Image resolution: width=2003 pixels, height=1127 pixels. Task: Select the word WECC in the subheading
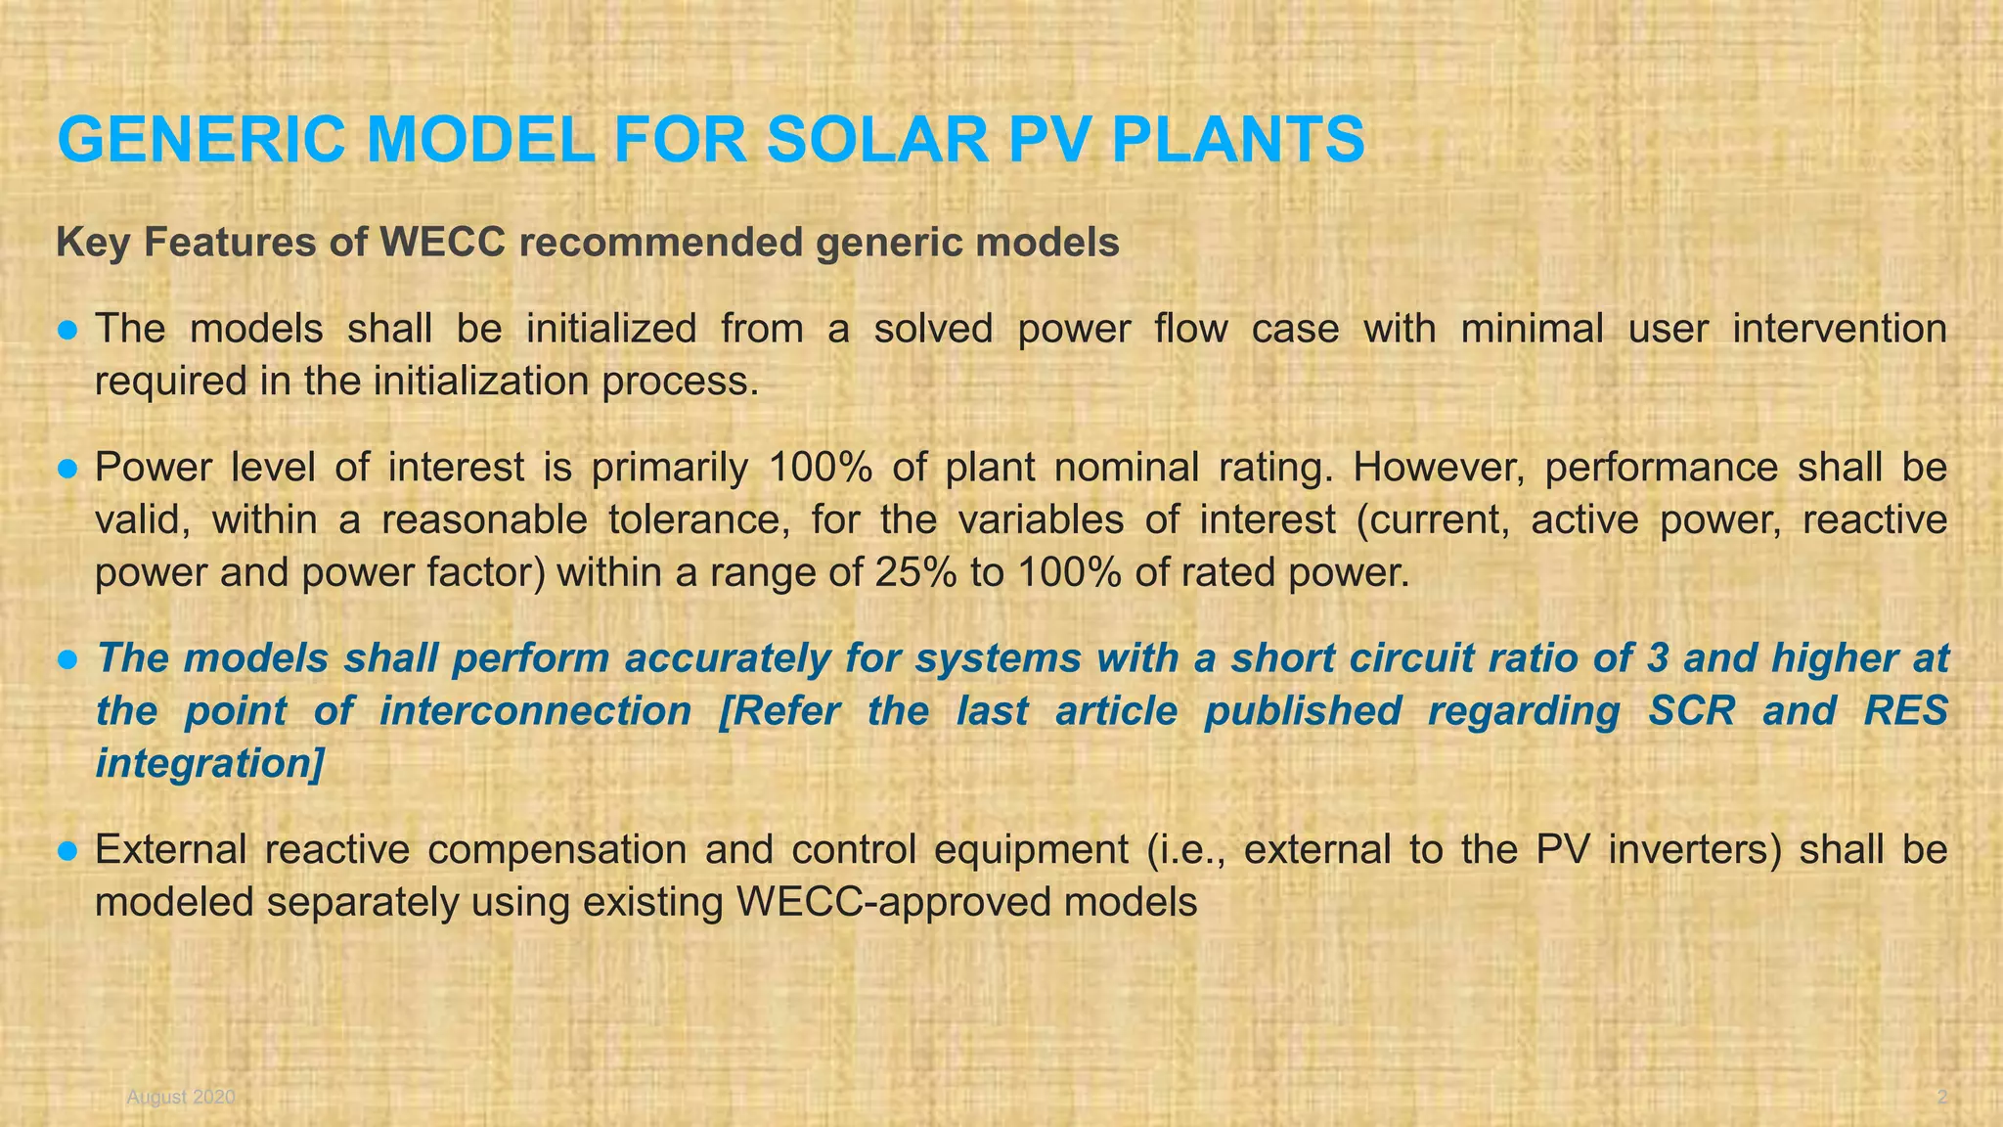[443, 242]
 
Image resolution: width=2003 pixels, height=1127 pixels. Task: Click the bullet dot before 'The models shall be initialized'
[67, 330]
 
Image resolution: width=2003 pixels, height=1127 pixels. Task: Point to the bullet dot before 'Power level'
[67, 469]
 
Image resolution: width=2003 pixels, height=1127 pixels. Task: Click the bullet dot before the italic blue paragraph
[67, 659]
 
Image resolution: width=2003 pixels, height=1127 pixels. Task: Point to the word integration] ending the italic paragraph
[209, 763]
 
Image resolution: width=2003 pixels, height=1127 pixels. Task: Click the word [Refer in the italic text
[779, 711]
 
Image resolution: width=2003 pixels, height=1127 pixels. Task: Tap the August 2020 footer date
[181, 1098]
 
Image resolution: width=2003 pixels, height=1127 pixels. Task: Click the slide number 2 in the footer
[1941, 1098]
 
